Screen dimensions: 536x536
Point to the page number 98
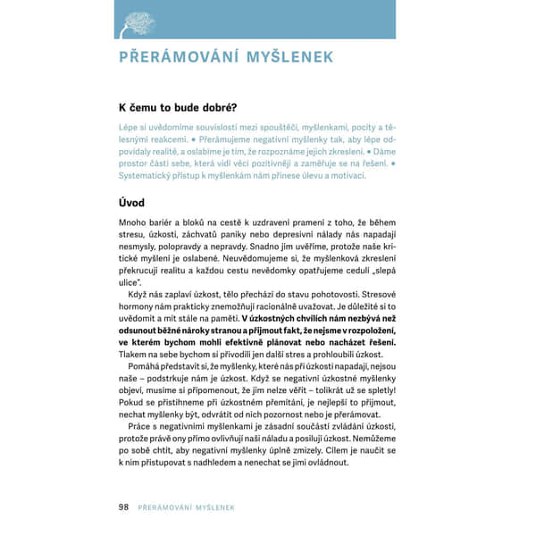[x=124, y=507]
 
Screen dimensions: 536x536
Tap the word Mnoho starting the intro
[x=132, y=222]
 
